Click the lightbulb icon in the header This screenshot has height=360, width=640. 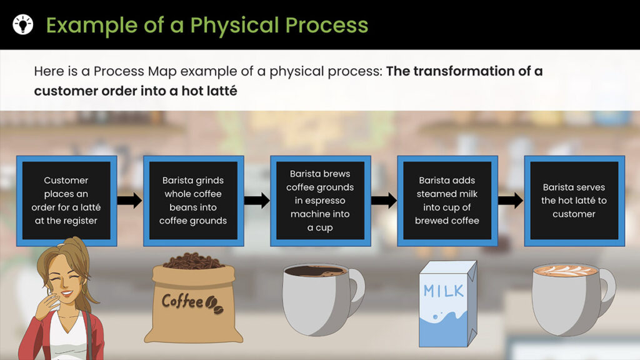[x=23, y=24]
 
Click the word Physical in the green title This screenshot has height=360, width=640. [x=235, y=25]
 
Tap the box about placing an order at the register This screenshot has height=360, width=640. [x=66, y=201]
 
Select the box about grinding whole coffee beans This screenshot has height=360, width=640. [x=194, y=201]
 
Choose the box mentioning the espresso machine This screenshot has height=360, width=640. [x=321, y=201]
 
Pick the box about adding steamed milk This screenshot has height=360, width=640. [x=447, y=201]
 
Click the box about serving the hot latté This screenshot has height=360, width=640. [x=574, y=201]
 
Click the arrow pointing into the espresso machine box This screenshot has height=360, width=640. [x=257, y=201]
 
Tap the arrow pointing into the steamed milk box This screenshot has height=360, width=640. [x=384, y=201]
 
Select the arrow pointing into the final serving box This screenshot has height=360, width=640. [x=511, y=201]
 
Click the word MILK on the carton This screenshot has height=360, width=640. [x=444, y=291]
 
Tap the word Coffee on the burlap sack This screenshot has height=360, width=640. [x=182, y=302]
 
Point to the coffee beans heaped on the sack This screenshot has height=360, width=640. [x=194, y=261]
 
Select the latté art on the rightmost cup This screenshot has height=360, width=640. [x=565, y=270]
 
